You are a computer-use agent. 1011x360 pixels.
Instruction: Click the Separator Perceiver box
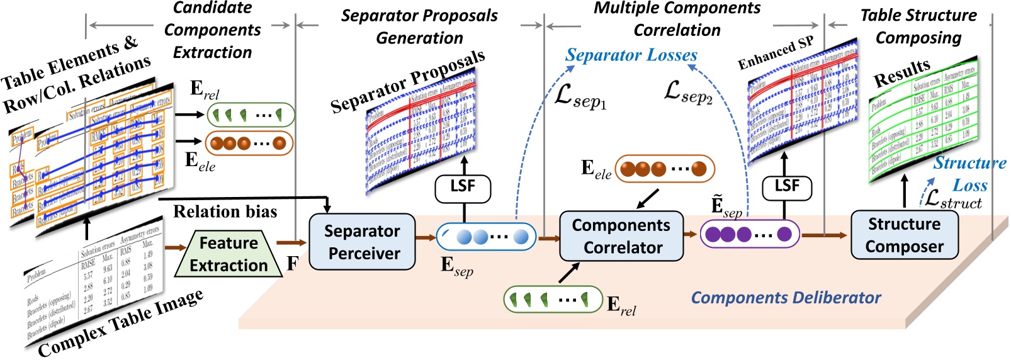click(x=362, y=242)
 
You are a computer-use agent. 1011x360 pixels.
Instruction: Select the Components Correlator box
click(x=621, y=236)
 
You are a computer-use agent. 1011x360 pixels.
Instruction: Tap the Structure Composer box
click(x=904, y=235)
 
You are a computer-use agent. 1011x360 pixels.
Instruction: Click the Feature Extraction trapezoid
click(x=229, y=254)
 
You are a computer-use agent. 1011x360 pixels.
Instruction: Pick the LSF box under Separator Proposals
click(x=463, y=186)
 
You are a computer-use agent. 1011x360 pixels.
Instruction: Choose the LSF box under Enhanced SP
click(x=786, y=186)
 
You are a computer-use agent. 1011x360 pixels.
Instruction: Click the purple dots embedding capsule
click(x=749, y=235)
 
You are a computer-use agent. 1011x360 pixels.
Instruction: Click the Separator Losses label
click(x=631, y=55)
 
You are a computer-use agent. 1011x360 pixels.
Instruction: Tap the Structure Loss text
click(x=969, y=174)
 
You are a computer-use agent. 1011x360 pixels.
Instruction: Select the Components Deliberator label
click(x=786, y=298)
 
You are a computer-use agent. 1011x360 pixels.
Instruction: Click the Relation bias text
click(x=225, y=211)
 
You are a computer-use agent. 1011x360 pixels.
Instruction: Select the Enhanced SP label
click(x=776, y=53)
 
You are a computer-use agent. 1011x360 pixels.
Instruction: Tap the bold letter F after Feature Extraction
click(x=292, y=263)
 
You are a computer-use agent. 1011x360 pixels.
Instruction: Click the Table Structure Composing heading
click(x=918, y=26)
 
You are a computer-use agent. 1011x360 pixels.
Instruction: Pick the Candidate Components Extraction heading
click(x=213, y=30)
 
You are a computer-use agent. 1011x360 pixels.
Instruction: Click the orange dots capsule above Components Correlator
click(x=665, y=169)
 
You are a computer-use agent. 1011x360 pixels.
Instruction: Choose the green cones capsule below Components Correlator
click(x=553, y=299)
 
